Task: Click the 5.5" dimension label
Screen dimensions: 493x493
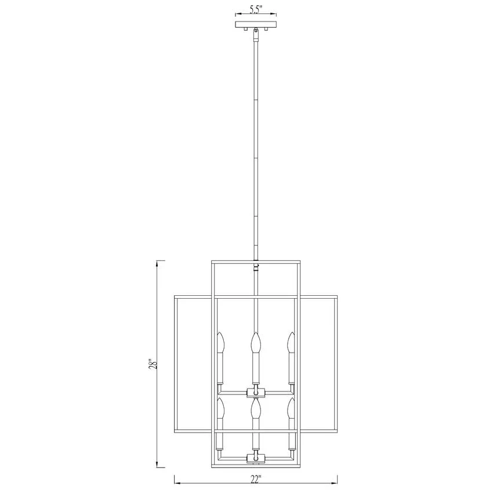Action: pyautogui.click(x=256, y=9)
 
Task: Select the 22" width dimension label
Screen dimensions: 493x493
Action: pyautogui.click(x=256, y=480)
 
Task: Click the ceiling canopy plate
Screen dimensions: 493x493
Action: pyautogui.click(x=256, y=24)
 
